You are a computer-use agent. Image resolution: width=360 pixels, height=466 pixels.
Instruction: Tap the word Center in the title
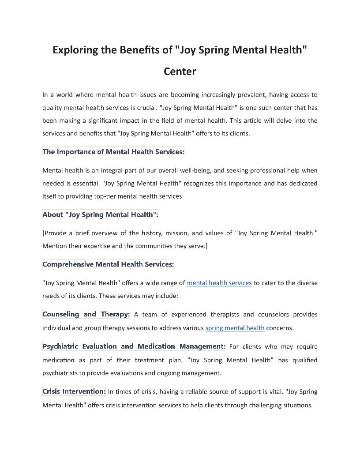point(180,71)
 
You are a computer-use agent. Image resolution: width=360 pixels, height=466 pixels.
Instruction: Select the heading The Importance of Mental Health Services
point(113,152)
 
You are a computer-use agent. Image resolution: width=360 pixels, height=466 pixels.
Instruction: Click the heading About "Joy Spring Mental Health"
point(100,214)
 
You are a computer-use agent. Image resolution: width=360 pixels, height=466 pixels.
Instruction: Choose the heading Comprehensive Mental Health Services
point(108,264)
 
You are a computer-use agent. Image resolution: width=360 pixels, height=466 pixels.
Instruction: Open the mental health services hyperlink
point(219,283)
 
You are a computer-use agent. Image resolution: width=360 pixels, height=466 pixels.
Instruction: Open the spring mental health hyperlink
point(235,328)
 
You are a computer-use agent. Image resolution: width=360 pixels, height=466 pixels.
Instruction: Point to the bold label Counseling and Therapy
point(86,314)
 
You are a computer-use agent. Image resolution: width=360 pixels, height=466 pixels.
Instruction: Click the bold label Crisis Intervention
point(74,391)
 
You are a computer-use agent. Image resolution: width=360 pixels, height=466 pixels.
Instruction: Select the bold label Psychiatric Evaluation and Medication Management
point(134,346)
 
